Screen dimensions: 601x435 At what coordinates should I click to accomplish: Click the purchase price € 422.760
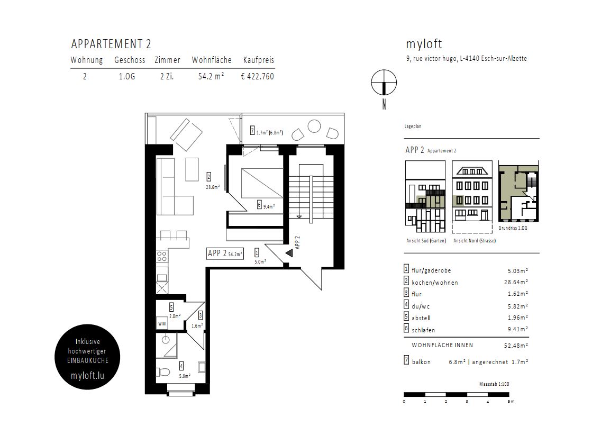(x=257, y=76)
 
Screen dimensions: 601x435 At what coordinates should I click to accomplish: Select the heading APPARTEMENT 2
(x=111, y=44)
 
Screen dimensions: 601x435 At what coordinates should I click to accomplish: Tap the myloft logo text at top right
(x=424, y=44)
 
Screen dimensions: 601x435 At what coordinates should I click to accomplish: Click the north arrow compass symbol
(x=384, y=83)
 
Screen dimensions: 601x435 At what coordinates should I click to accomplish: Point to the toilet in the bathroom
(x=163, y=372)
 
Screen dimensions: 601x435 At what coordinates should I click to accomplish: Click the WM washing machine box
(x=162, y=323)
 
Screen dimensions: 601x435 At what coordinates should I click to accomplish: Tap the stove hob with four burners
(x=162, y=257)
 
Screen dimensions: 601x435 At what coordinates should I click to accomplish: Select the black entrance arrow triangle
(x=289, y=253)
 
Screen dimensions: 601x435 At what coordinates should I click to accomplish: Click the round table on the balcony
(x=314, y=126)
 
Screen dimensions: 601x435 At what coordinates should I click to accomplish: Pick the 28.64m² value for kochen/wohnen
(x=516, y=282)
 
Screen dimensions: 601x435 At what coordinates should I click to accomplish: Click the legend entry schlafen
(x=423, y=330)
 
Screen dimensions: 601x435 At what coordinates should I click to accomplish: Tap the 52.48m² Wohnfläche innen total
(x=516, y=346)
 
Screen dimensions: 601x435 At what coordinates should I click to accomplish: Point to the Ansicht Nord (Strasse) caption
(x=475, y=241)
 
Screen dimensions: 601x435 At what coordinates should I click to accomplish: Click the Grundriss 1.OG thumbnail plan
(x=518, y=191)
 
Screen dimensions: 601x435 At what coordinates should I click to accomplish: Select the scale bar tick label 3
(x=467, y=402)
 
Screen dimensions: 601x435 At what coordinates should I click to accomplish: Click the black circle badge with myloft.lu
(x=87, y=357)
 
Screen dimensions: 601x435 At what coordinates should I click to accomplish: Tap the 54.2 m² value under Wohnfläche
(x=211, y=76)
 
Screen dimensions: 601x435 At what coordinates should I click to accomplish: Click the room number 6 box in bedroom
(x=259, y=205)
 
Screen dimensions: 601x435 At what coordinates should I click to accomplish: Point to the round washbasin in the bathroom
(x=166, y=340)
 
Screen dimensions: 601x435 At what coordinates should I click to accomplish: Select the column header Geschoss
(x=130, y=60)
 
